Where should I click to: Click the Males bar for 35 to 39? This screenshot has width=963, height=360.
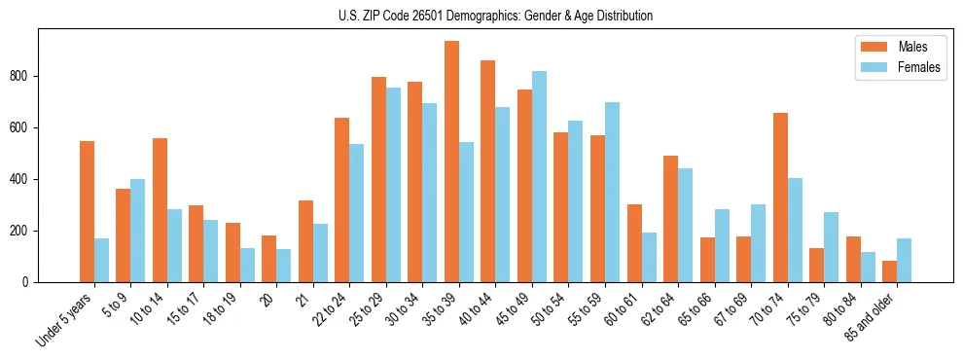click(451, 162)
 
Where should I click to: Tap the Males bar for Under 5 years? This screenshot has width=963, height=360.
click(87, 212)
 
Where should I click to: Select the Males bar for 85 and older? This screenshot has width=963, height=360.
click(889, 271)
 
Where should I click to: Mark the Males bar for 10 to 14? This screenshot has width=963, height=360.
click(160, 210)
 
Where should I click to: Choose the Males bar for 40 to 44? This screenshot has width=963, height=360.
click(488, 171)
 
